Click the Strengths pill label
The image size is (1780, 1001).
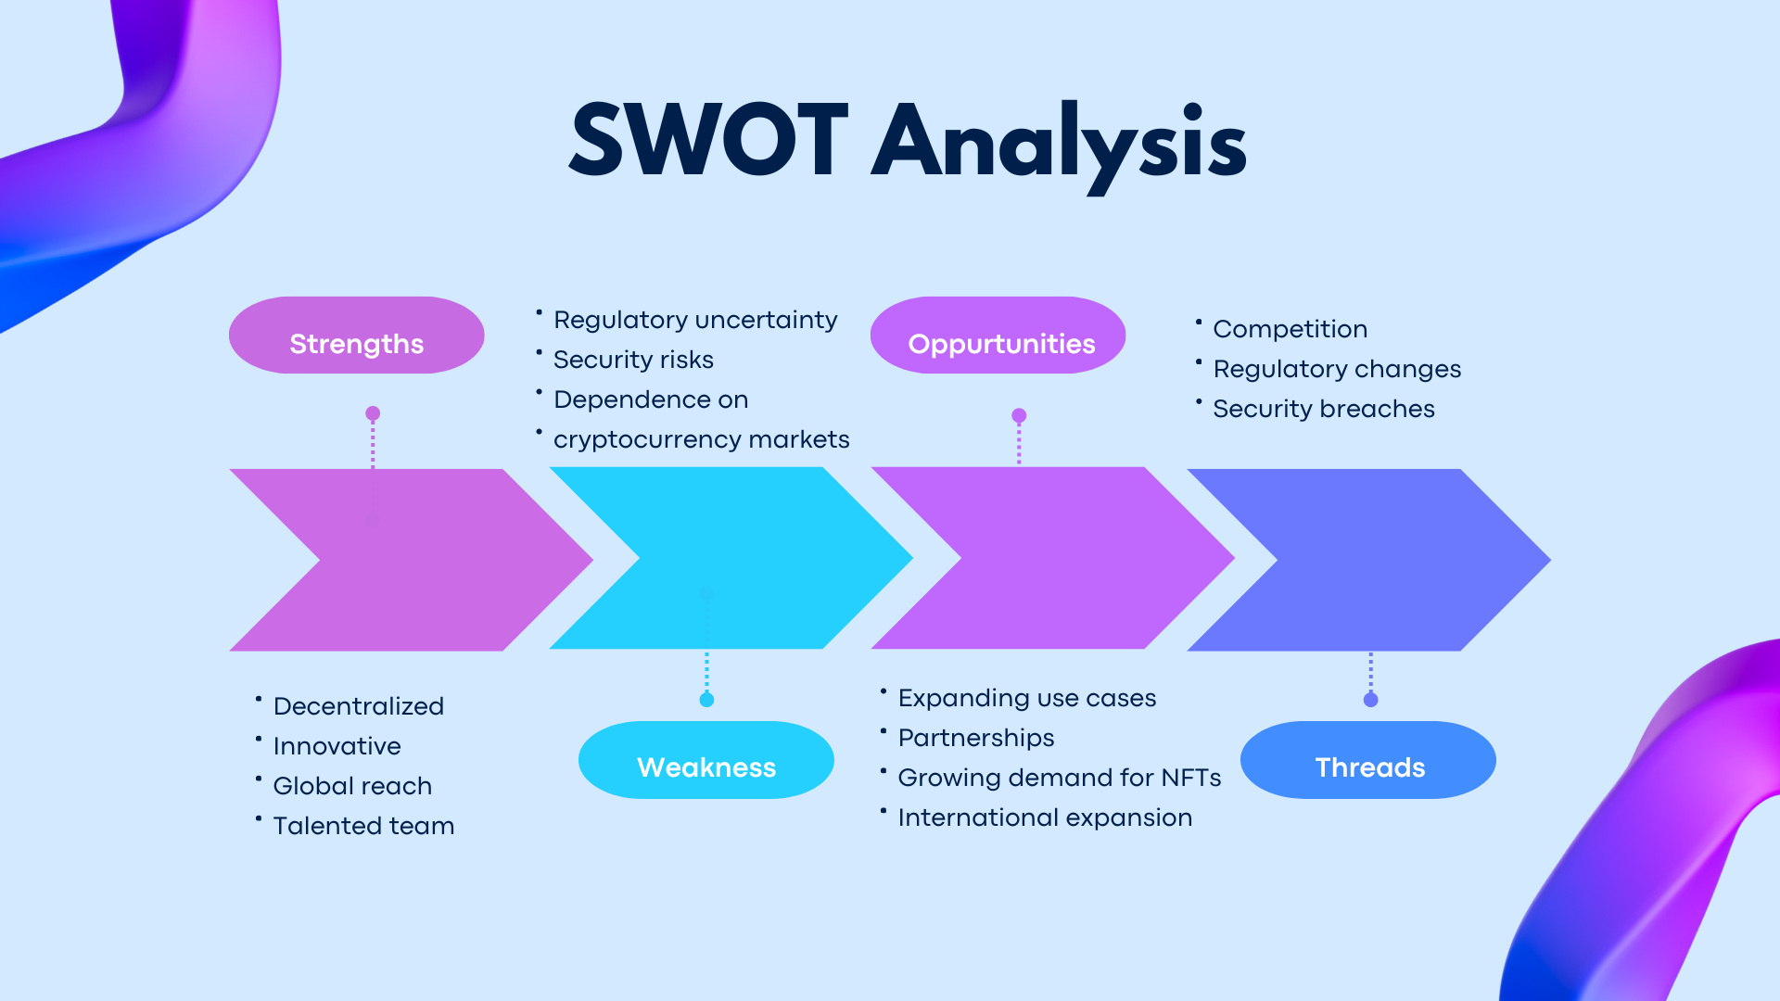(356, 344)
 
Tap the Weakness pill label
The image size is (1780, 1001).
(706, 767)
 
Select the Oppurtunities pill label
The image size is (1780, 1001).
(1001, 344)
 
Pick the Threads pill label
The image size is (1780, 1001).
(1369, 767)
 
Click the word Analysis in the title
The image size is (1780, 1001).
(1060, 144)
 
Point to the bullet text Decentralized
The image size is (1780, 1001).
(358, 706)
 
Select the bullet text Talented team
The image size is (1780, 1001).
(363, 826)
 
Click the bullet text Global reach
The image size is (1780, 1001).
(352, 786)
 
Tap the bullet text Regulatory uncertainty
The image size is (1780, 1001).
(695, 320)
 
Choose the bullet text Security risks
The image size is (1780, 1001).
(633, 360)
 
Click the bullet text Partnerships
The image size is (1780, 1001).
(976, 738)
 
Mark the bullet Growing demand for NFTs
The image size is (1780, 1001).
(1059, 778)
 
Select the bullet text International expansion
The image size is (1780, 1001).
(1045, 817)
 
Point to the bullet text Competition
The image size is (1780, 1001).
(1290, 329)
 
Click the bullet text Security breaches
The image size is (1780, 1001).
(1323, 409)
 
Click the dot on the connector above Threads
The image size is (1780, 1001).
(1371, 700)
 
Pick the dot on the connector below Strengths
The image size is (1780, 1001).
(373, 413)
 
